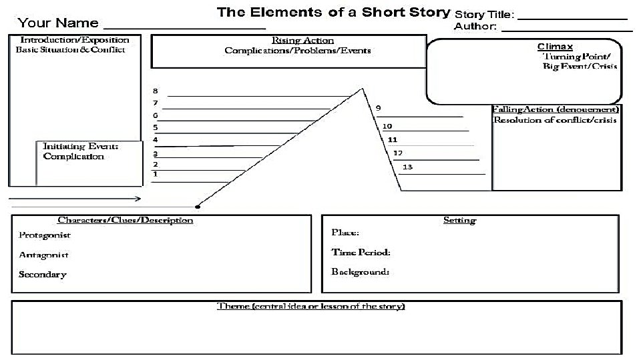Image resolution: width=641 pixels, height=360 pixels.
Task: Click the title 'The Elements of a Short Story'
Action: [x=333, y=13]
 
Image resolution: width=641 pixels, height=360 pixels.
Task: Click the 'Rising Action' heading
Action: [x=302, y=41]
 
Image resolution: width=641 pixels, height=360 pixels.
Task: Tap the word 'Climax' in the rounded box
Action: [x=555, y=47]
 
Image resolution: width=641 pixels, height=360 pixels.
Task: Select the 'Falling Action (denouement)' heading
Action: [x=556, y=109]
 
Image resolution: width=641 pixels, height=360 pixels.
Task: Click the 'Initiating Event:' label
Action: [x=81, y=146]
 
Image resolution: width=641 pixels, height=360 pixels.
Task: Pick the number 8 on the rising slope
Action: [x=156, y=91]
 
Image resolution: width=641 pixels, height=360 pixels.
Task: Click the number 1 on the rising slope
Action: [x=156, y=174]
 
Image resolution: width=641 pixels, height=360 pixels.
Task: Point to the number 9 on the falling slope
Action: [x=379, y=108]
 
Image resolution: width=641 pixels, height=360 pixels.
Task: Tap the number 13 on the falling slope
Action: [x=407, y=167]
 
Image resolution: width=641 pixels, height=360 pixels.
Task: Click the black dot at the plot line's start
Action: [x=198, y=207]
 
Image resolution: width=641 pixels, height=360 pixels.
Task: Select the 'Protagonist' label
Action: [x=44, y=235]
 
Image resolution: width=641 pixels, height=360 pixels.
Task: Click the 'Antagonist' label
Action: [x=43, y=255]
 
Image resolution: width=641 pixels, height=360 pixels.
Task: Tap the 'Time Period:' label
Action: [x=361, y=252]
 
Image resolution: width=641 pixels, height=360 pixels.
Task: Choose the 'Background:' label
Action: [x=360, y=271]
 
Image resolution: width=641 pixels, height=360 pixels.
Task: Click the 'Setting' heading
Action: [x=459, y=220]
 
